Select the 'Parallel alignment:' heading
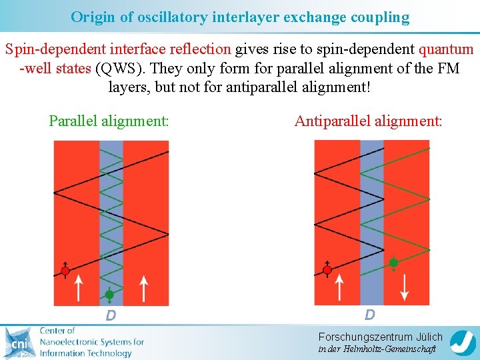tap(109, 121)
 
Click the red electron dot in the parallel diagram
tap(65, 271)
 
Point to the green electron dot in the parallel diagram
tap(109, 294)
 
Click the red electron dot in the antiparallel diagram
tap(327, 270)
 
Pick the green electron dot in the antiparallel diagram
tap(394, 263)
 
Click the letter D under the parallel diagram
tap(111, 315)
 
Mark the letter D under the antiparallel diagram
tap(369, 315)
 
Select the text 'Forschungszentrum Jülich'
tap(380, 337)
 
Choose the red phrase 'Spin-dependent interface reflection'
tap(118, 49)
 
